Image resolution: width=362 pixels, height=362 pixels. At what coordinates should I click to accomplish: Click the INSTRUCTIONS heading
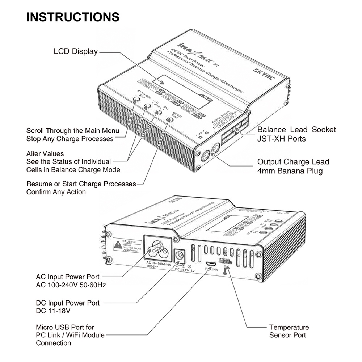point(73,17)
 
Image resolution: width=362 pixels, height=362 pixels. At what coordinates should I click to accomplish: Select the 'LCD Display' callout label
point(76,51)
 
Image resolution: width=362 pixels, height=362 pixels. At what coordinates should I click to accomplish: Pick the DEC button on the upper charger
point(147,106)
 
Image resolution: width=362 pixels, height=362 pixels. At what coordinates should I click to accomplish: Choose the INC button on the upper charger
point(158,113)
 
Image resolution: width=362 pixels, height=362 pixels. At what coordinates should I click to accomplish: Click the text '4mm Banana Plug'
point(290,171)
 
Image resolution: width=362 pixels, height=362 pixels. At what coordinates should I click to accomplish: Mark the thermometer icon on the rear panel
point(227,270)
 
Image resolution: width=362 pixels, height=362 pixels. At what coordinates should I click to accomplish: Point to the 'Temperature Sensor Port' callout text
point(289,331)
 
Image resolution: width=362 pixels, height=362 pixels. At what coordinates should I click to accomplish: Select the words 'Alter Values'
point(45,153)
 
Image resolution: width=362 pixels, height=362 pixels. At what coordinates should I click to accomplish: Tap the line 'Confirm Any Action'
point(56,192)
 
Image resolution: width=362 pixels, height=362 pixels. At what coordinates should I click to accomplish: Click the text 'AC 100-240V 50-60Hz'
point(71,285)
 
